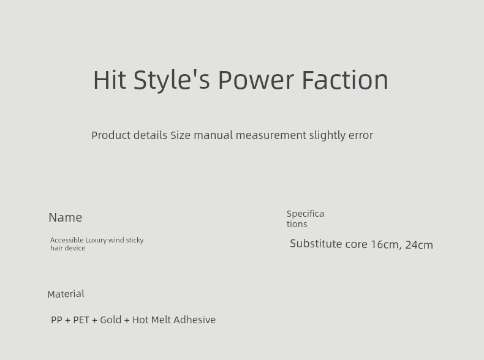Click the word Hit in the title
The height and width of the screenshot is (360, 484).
(110, 80)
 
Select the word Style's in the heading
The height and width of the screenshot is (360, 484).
(172, 81)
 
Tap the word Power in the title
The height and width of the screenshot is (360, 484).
(256, 80)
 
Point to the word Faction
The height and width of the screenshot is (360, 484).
(345, 80)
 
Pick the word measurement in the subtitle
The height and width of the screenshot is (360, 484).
(271, 135)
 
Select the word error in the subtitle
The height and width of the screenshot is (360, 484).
(361, 135)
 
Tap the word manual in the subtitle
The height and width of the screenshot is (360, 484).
(213, 135)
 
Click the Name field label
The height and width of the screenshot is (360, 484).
(66, 217)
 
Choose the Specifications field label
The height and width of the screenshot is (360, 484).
(305, 219)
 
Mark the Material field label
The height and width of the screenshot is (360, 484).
(66, 294)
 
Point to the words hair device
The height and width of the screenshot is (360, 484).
(67, 248)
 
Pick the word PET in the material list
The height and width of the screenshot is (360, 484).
(81, 320)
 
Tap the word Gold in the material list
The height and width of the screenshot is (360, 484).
(110, 320)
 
